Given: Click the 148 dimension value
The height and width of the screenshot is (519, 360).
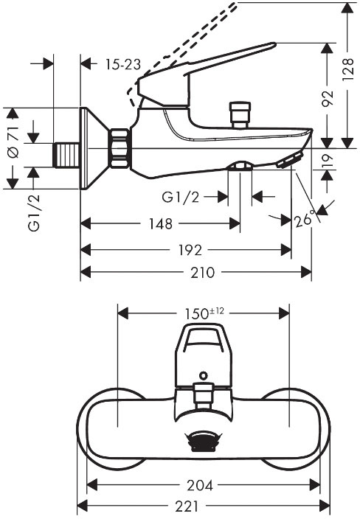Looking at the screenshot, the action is click(160, 224).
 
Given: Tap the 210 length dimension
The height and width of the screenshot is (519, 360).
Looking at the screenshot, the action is click(203, 273).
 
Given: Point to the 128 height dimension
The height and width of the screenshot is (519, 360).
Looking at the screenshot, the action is click(348, 69).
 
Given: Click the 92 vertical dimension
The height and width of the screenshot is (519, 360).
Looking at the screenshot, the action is click(328, 98).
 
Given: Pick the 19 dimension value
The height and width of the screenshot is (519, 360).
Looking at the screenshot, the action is click(328, 161).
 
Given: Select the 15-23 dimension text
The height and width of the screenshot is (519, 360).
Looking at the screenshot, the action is click(123, 64).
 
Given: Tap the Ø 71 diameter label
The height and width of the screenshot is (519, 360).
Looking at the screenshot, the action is click(13, 142).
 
